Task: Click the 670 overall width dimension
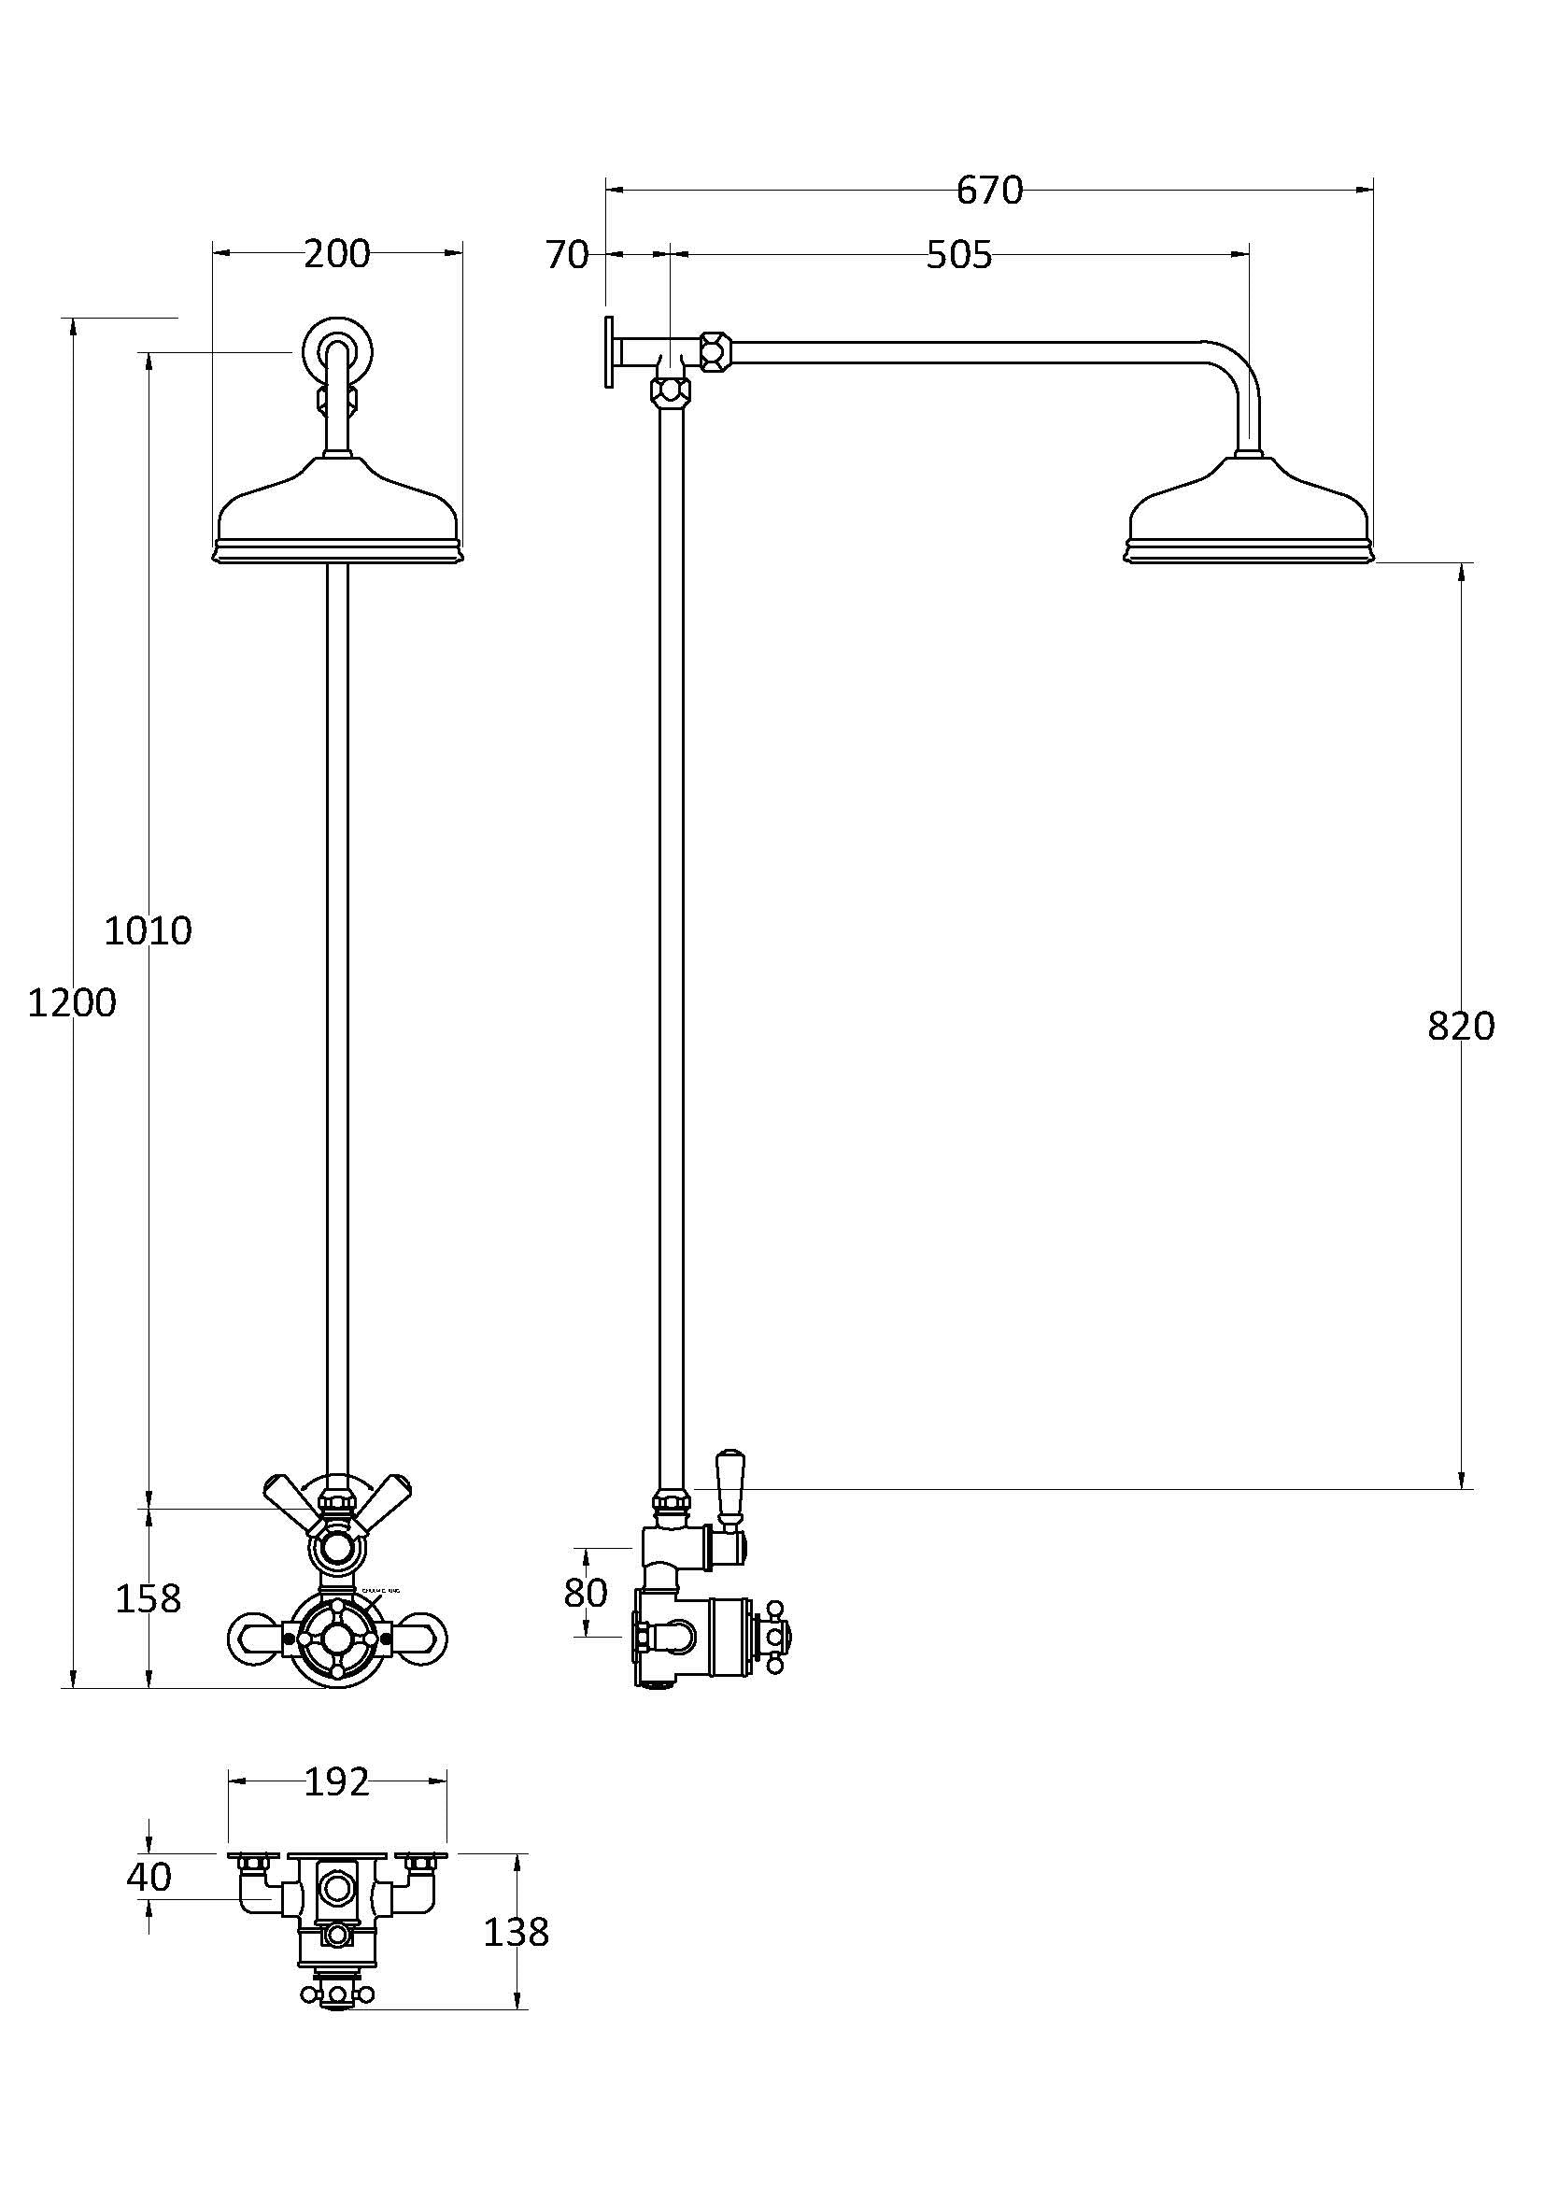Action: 988,192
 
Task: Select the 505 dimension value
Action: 959,255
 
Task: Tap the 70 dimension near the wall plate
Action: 567,255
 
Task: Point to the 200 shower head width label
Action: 337,254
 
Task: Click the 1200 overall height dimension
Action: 71,1003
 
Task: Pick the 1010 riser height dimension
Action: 148,930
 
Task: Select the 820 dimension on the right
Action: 1460,1026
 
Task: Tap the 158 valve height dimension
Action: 148,1598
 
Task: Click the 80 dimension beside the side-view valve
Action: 585,1592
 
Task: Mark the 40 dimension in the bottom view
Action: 149,1877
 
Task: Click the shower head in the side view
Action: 1249,518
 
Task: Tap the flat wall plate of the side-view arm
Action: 607,351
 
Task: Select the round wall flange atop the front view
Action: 338,350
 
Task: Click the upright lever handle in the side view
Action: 730,1487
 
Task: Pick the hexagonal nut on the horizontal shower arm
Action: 715,350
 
